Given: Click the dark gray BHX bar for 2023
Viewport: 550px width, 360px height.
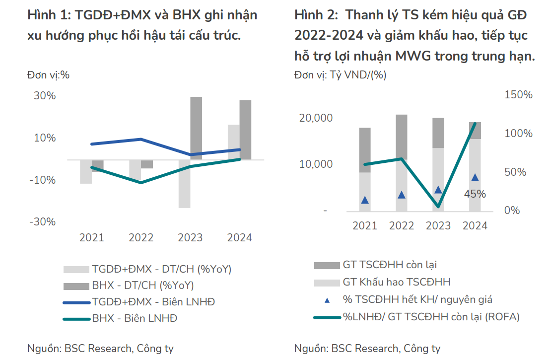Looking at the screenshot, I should [196, 128].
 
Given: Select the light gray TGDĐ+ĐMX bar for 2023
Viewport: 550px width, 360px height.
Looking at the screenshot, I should [184, 184].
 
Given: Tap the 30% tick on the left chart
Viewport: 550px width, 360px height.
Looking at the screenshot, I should [45, 95].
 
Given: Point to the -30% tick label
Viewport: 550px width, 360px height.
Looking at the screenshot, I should [42, 222].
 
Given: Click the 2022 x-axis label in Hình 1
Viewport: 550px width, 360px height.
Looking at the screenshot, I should [141, 237].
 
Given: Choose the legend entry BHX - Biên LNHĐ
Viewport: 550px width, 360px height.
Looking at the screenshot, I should [135, 318].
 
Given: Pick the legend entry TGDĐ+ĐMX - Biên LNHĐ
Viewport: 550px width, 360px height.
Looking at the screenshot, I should [153, 302].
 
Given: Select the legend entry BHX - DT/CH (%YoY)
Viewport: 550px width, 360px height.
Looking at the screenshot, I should [142, 286].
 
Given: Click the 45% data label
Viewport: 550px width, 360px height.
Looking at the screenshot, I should [475, 194].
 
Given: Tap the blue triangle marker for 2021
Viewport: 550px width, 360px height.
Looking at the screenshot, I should [365, 200].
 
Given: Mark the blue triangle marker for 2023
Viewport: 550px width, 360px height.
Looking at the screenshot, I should [438, 190].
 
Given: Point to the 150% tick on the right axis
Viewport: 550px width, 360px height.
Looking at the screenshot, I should [518, 95].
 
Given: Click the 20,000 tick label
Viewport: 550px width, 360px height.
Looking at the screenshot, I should [316, 118].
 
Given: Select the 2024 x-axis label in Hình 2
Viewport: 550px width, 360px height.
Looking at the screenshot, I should [475, 226].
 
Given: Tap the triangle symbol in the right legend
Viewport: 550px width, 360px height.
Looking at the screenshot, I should [327, 300].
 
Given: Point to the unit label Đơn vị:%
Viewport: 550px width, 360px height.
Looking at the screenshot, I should [48, 75].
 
